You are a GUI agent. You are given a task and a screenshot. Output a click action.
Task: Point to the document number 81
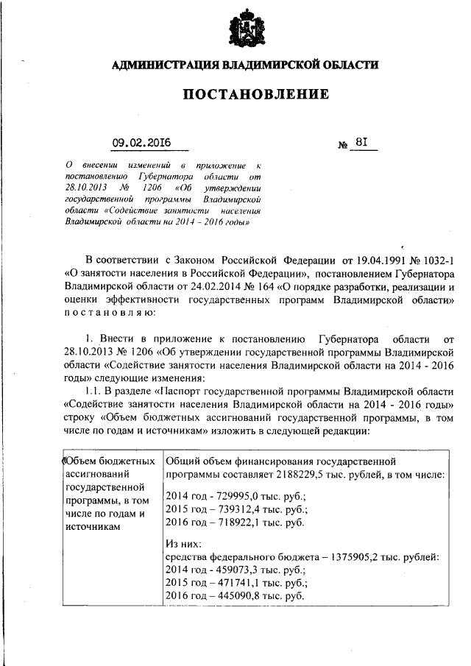coord(361,143)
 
